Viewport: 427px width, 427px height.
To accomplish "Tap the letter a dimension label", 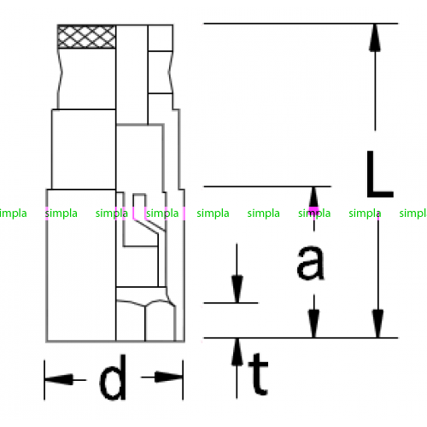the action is tap(310, 262).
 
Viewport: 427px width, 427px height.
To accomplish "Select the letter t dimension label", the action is tap(258, 374).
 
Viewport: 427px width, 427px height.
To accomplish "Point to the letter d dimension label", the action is tap(113, 377).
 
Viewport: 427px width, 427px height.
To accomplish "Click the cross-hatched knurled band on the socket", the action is tap(86, 37).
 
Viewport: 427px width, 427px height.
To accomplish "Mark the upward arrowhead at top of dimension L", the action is tap(375, 38).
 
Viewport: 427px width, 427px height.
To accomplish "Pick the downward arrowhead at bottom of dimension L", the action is tap(377, 324).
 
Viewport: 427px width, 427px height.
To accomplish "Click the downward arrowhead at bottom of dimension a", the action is tap(313, 324).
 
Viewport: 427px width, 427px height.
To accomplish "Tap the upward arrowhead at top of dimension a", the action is tap(313, 201).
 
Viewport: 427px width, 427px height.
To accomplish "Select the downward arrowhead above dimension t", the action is tap(237, 289).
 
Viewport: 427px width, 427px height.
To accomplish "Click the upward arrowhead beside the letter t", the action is tap(237, 352).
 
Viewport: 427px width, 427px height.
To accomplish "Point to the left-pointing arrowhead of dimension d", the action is tap(59, 379).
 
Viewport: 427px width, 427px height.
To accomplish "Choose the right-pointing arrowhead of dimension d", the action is tap(168, 377).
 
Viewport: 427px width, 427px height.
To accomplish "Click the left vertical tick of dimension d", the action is tap(44, 380).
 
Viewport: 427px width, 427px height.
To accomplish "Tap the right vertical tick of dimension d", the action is tap(183, 380).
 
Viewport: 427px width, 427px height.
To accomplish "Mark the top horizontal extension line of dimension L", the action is tap(301, 23).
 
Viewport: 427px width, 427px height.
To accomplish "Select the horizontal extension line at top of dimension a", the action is tap(267, 186).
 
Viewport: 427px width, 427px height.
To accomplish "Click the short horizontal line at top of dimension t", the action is tap(231, 303).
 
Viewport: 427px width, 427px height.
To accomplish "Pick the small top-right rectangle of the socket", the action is tap(161, 38).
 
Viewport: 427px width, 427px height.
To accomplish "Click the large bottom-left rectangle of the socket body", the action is tap(81, 266).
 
